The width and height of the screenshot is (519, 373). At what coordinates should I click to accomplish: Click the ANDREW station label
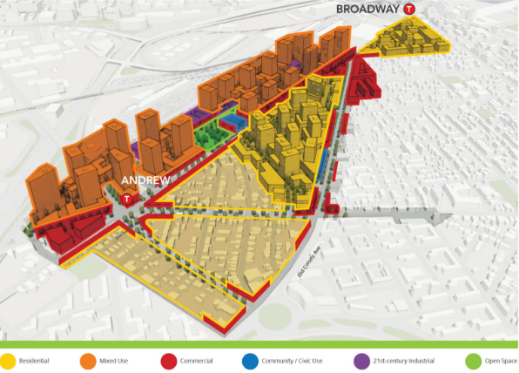click(x=139, y=181)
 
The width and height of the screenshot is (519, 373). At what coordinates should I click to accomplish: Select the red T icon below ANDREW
click(x=128, y=198)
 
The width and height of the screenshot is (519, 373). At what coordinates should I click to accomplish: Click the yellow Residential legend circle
click(x=7, y=359)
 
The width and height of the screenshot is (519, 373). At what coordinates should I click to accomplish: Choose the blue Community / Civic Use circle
click(x=249, y=359)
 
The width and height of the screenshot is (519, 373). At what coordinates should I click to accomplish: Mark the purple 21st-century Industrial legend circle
click(x=361, y=359)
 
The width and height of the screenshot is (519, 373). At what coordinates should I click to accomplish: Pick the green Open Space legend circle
click(x=473, y=359)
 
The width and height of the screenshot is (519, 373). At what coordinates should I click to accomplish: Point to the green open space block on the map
click(x=209, y=132)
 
